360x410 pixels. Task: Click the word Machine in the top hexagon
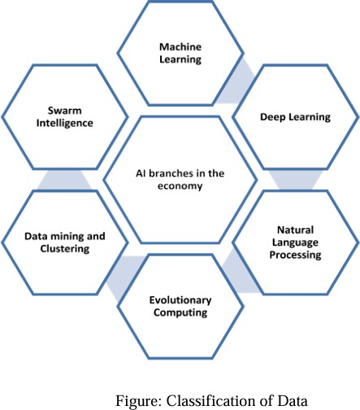pyautogui.click(x=180, y=47)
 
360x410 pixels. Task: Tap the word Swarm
pyautogui.click(x=65, y=111)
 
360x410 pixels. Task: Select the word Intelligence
pyautogui.click(x=65, y=124)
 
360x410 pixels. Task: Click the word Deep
pyautogui.click(x=272, y=117)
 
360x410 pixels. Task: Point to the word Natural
pyautogui.click(x=296, y=230)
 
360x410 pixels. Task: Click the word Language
pyautogui.click(x=295, y=242)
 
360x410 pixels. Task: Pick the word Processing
pyautogui.click(x=295, y=255)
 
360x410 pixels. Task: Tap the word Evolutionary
pyautogui.click(x=180, y=300)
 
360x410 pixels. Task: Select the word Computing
pyautogui.click(x=180, y=313)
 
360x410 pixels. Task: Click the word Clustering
pyautogui.click(x=65, y=249)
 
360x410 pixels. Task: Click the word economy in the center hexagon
pyautogui.click(x=180, y=186)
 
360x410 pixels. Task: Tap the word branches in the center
pyautogui.click(x=171, y=173)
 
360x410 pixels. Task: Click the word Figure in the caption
pyautogui.click(x=139, y=400)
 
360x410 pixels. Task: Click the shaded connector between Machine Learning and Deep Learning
pyautogui.click(x=235, y=81)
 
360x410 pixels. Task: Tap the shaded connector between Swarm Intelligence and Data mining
pyautogui.click(x=64, y=180)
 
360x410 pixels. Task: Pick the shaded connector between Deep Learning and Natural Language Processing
pyautogui.click(x=295, y=180)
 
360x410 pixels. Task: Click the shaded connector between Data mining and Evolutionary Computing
pyautogui.click(x=125, y=278)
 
